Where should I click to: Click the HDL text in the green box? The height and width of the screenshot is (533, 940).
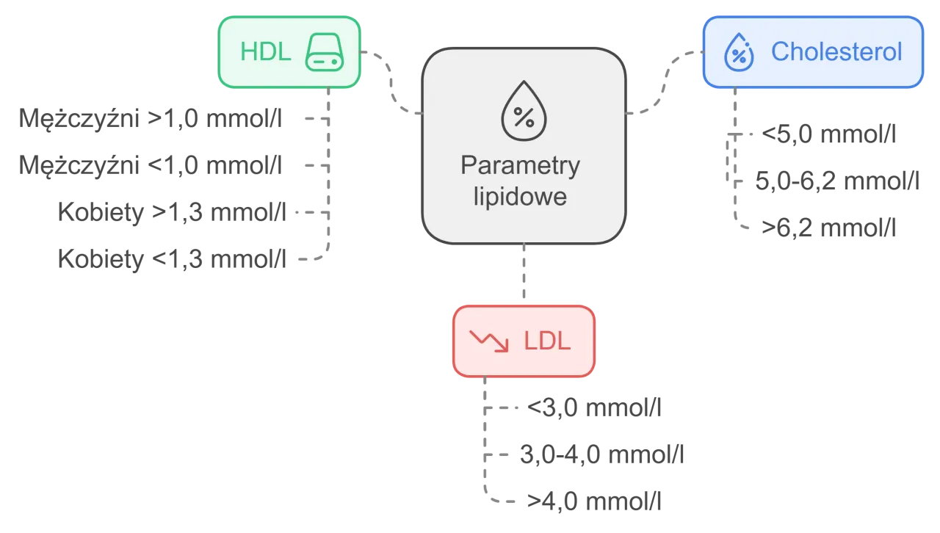(x=266, y=52)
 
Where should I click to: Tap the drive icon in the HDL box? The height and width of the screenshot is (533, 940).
(x=324, y=52)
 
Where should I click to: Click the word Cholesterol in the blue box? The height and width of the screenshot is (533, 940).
(x=836, y=52)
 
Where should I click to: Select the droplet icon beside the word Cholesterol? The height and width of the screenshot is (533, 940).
(x=740, y=53)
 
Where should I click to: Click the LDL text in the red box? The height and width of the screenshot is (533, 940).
(x=547, y=341)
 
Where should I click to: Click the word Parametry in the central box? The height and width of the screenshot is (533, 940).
(x=520, y=165)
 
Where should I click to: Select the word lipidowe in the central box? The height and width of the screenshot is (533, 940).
(x=520, y=197)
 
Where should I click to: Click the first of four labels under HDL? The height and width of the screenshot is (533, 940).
(x=150, y=119)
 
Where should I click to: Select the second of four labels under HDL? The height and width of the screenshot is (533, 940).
(x=150, y=165)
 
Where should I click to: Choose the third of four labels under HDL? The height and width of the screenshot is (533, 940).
(x=173, y=213)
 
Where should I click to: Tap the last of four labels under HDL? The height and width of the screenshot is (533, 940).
(x=173, y=259)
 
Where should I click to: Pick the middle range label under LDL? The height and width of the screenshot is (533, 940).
(x=601, y=453)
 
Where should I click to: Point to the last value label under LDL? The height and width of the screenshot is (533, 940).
(x=593, y=500)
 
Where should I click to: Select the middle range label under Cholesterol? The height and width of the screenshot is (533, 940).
(x=836, y=181)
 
